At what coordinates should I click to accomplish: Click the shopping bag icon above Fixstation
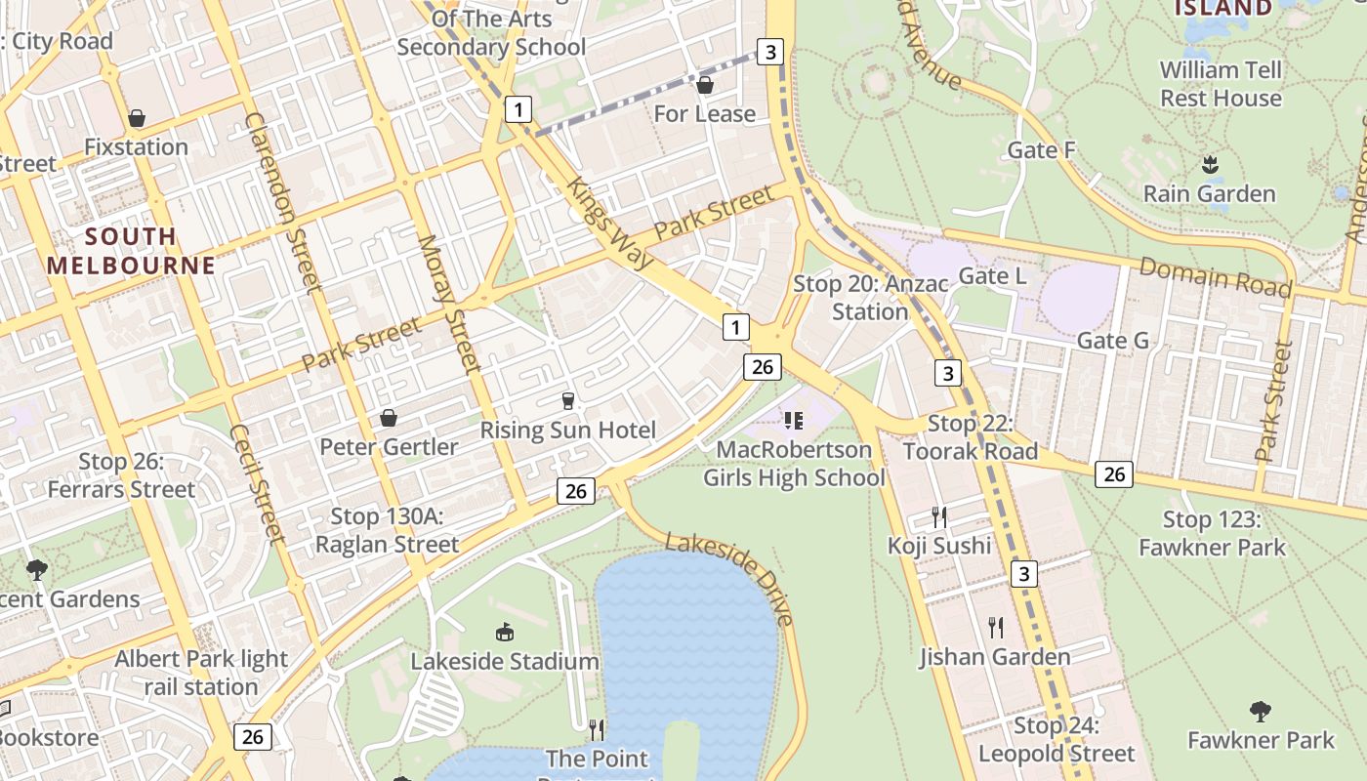(137, 118)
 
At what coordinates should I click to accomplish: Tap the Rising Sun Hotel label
(567, 431)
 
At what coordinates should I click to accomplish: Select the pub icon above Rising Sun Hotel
(567, 400)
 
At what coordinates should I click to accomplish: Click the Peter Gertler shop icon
(388, 418)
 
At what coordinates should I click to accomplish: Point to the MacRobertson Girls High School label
(794, 464)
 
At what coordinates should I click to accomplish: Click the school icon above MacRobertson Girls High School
(793, 421)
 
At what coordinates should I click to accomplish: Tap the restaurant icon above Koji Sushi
(938, 516)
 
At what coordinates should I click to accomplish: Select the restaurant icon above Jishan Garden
(995, 627)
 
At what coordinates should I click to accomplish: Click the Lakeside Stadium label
(504, 661)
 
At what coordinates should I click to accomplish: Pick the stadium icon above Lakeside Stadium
(504, 633)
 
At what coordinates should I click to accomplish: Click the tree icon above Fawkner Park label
(1260, 711)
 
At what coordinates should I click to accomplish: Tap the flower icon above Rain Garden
(1210, 164)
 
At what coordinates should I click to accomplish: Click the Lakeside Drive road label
(729, 578)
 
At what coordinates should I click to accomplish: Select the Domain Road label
(1215, 276)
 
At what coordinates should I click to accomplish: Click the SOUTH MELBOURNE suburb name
(130, 251)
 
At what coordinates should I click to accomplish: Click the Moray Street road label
(450, 304)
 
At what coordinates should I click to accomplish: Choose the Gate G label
(1112, 341)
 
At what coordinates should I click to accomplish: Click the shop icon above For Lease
(704, 86)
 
